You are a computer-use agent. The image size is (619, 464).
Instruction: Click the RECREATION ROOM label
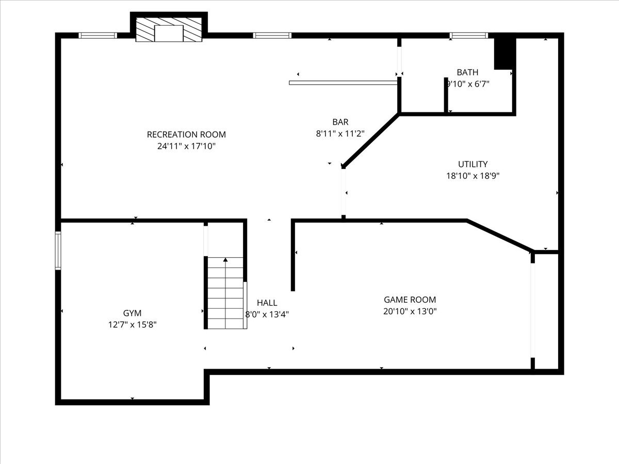click(186, 135)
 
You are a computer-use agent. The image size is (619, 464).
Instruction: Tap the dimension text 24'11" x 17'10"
click(186, 146)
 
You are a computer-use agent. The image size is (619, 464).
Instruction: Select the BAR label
click(340, 122)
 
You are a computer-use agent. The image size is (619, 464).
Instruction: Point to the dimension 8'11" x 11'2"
click(340, 134)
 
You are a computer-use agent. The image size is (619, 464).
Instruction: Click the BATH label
click(467, 72)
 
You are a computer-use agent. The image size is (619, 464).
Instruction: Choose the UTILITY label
click(473, 164)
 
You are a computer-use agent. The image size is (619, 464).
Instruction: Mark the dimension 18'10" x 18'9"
click(473, 176)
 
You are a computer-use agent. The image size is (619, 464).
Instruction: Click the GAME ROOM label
click(410, 300)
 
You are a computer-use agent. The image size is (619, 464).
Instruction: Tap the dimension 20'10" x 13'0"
click(410, 311)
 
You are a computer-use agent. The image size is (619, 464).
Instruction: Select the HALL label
click(267, 303)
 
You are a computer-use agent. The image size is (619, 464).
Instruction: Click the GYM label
click(132, 313)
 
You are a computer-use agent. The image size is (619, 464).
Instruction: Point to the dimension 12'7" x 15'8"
click(132, 325)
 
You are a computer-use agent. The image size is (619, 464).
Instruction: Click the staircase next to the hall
click(225, 293)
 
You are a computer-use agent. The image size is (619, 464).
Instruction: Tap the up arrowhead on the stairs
click(225, 259)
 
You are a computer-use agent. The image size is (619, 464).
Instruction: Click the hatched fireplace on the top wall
click(169, 29)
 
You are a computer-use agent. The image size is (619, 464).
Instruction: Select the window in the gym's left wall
click(58, 251)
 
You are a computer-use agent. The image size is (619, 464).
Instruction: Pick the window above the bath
click(469, 36)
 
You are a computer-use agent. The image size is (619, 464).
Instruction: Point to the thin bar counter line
click(343, 83)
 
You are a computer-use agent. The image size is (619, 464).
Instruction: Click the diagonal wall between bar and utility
click(371, 140)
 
